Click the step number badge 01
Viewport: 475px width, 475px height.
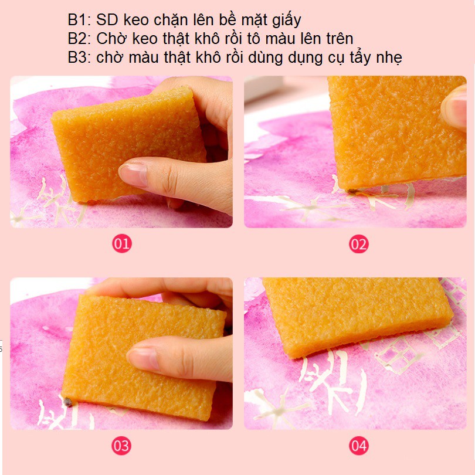pyautogui.click(x=122, y=244)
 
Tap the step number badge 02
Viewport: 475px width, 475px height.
pyautogui.click(x=359, y=244)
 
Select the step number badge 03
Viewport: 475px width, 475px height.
pyautogui.click(x=121, y=446)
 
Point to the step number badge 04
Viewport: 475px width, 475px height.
pyautogui.click(x=359, y=446)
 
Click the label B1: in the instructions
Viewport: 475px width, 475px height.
pyautogui.click(x=79, y=20)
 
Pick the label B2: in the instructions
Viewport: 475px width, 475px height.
pyautogui.click(x=79, y=39)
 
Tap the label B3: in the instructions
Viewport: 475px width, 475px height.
pyautogui.click(x=79, y=57)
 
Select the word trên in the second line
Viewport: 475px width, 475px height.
pyautogui.click(x=338, y=39)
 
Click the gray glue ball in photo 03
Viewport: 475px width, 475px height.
pyautogui.click(x=68, y=402)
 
